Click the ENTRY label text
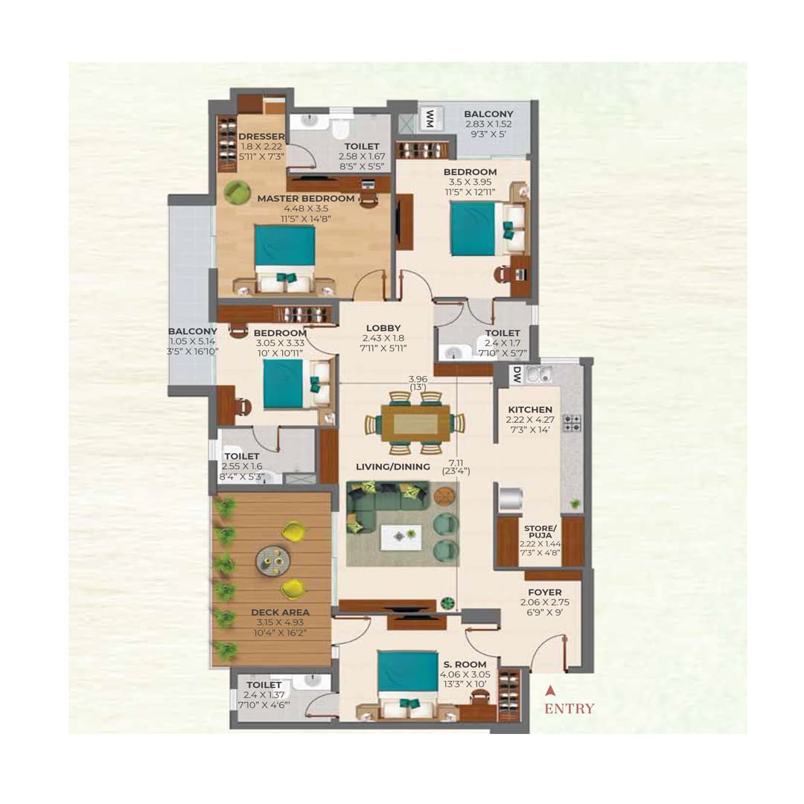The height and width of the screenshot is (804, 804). click(569, 709)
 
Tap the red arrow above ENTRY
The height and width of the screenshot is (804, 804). click(550, 689)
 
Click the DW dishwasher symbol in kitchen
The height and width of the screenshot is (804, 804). click(516, 376)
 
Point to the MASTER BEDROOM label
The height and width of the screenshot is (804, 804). click(306, 199)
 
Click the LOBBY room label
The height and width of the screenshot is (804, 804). click(383, 328)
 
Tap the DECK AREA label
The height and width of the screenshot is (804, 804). click(280, 613)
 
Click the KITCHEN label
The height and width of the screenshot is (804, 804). click(530, 409)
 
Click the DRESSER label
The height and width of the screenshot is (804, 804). click(261, 136)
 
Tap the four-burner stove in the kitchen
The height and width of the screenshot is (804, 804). click(572, 423)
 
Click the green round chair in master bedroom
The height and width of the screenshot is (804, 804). click(237, 192)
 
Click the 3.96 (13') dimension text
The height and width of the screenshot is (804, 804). click(416, 382)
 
